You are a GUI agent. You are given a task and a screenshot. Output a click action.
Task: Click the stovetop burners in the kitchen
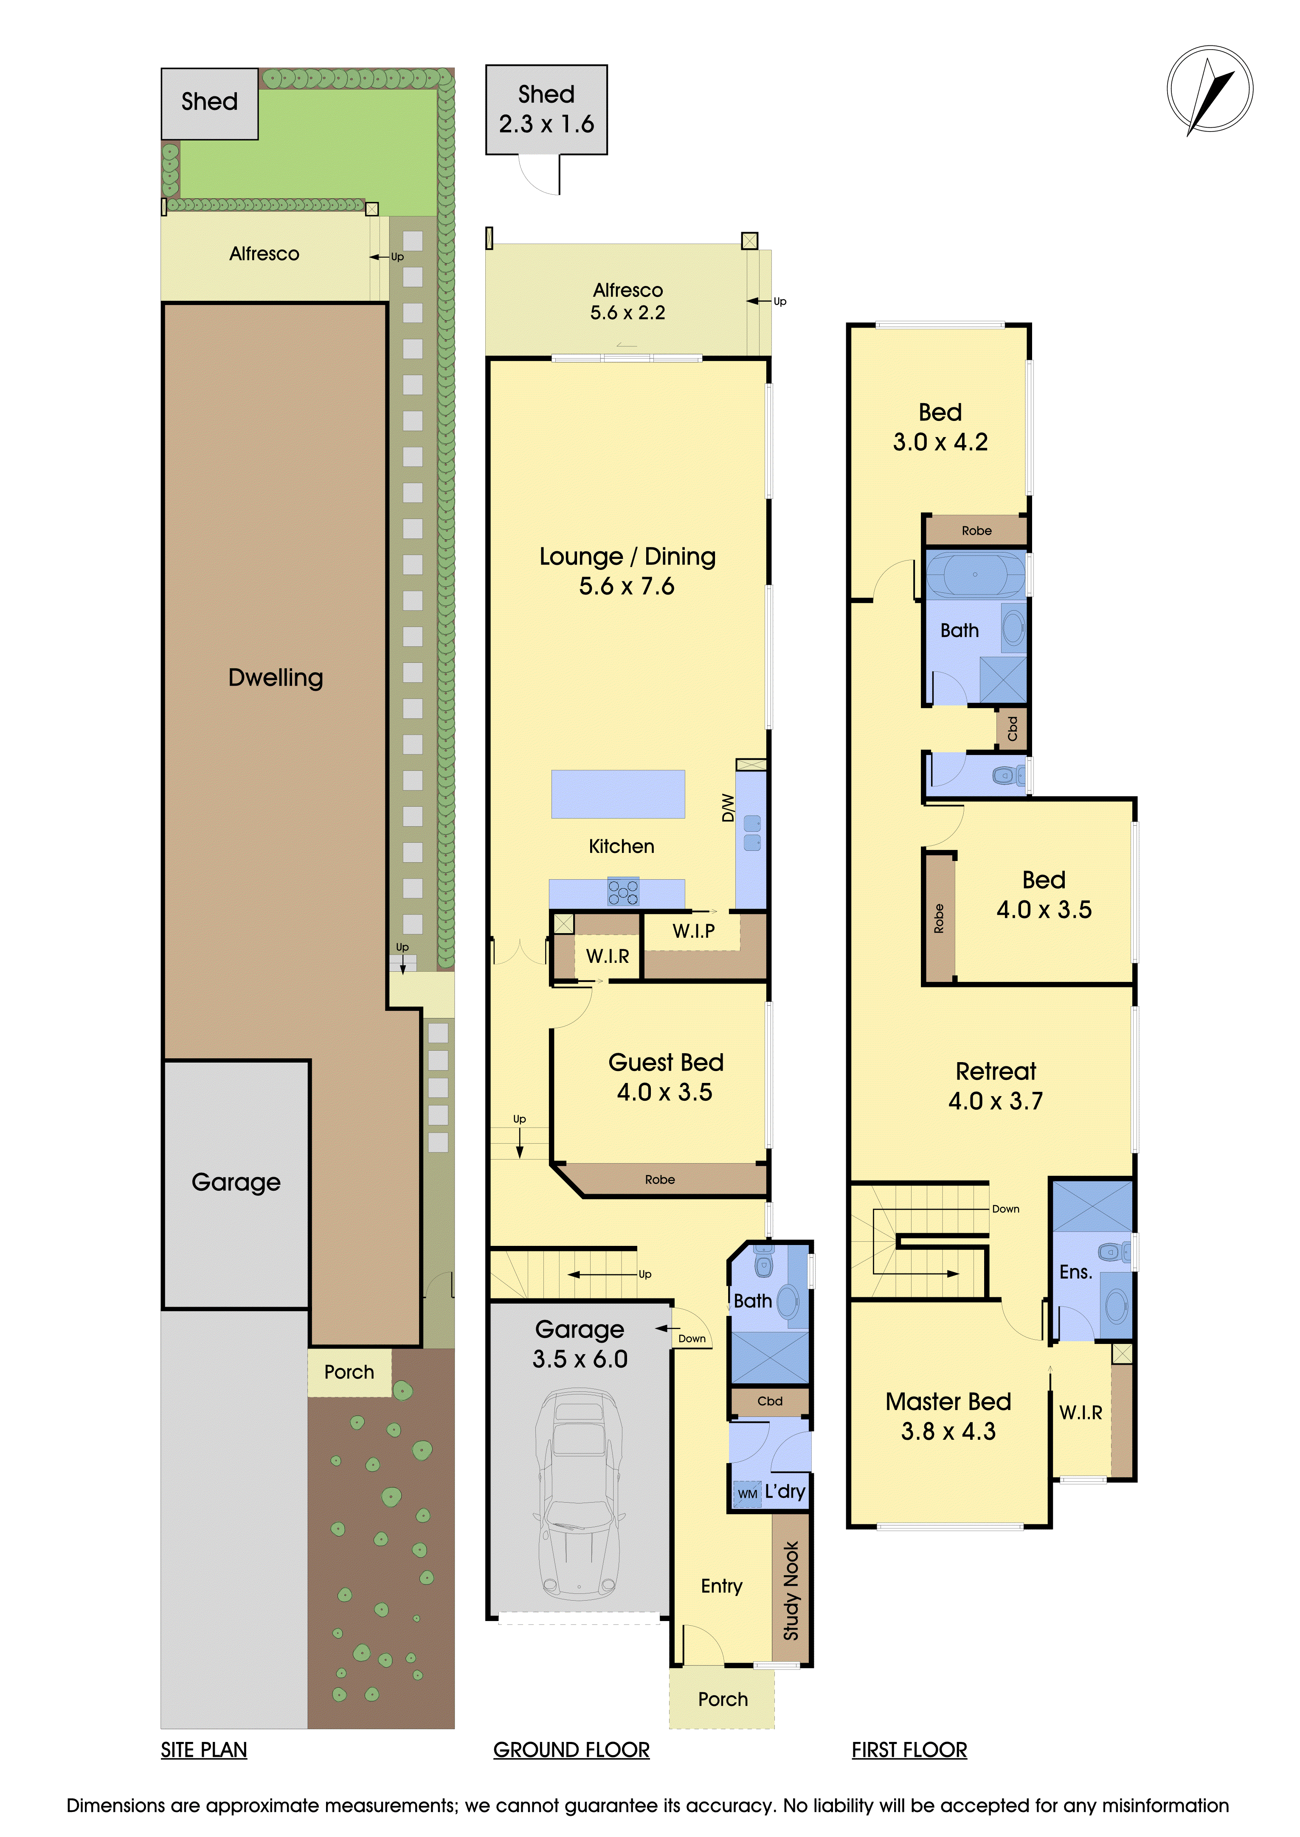click(623, 892)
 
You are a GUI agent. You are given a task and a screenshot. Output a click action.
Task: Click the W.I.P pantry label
click(693, 931)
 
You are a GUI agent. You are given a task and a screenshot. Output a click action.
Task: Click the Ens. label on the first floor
click(1076, 1272)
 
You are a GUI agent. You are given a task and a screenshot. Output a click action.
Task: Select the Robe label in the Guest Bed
click(660, 1179)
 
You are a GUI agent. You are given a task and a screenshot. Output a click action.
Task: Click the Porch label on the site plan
click(349, 1372)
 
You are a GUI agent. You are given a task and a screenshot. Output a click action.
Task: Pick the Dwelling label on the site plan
click(276, 678)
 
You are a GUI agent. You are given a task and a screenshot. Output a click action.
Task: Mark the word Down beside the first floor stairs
click(1005, 1209)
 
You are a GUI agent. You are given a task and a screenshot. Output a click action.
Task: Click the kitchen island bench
click(618, 794)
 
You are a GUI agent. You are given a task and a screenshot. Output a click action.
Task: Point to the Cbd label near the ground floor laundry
click(770, 1401)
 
